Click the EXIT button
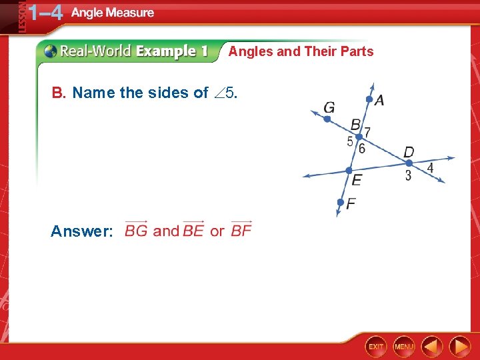click(376, 346)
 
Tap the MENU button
click(404, 346)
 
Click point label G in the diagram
click(329, 107)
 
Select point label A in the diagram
click(379, 101)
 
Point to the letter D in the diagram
click(409, 152)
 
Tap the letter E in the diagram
click(357, 180)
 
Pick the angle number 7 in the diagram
click(367, 133)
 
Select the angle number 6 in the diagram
click(362, 149)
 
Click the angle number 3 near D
click(408, 176)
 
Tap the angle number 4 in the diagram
click(430, 169)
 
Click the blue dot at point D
click(409, 163)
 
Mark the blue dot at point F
click(340, 202)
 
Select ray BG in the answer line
click(136, 231)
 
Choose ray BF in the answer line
click(241, 231)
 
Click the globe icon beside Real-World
click(51, 51)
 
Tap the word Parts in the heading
click(356, 51)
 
